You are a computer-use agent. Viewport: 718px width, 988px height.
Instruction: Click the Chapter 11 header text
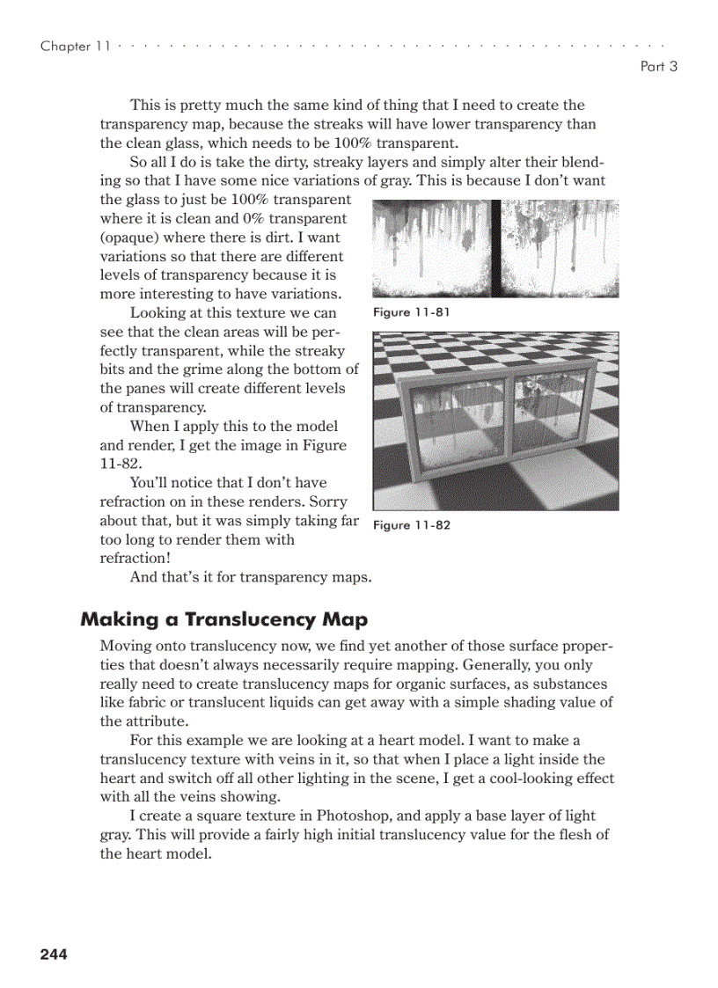[76, 46]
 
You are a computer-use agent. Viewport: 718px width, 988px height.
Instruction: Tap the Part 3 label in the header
[658, 66]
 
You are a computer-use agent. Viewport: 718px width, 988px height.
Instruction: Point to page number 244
[54, 954]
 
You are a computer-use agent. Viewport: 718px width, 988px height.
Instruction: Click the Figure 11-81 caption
[412, 312]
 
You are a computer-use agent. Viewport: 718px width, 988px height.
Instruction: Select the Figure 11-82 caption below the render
[412, 525]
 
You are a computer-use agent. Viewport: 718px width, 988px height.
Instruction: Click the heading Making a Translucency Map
[223, 619]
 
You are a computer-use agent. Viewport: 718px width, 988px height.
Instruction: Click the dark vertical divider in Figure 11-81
[495, 248]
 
